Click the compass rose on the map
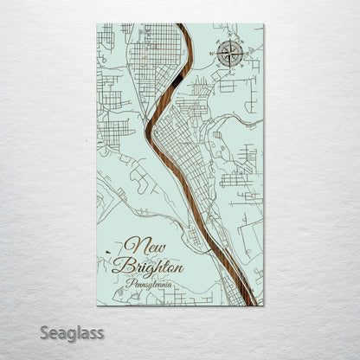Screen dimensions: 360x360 230,54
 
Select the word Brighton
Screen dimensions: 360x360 152,265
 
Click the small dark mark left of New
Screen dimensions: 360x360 107,252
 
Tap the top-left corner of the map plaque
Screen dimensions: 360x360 98,24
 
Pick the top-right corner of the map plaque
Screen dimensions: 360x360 262,24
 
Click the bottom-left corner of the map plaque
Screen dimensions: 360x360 98,305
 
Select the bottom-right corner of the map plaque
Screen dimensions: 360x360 262,305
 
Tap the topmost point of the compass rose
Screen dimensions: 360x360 230,40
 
